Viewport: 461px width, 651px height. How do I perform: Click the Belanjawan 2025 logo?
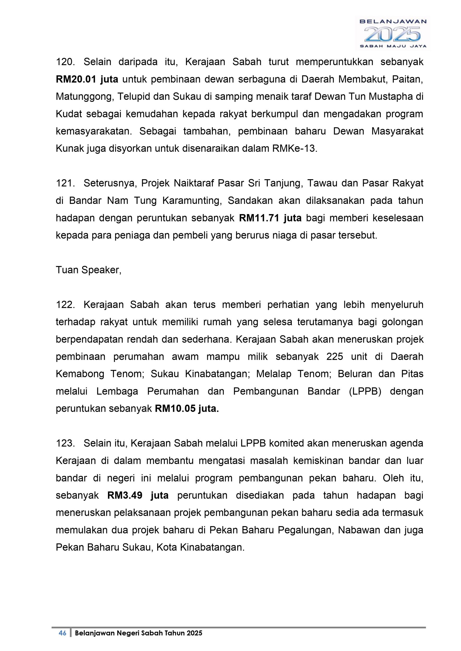click(393, 33)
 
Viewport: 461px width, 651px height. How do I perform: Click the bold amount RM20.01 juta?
click(87, 79)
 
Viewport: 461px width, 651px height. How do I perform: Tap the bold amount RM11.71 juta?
click(271, 218)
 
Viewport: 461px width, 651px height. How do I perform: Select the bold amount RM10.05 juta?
click(187, 409)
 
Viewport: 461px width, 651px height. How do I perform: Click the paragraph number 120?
click(65, 62)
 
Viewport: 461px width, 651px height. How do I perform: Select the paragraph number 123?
click(65, 443)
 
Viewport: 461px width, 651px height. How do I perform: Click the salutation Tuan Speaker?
click(89, 270)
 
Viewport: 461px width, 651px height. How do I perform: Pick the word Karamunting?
click(192, 201)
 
